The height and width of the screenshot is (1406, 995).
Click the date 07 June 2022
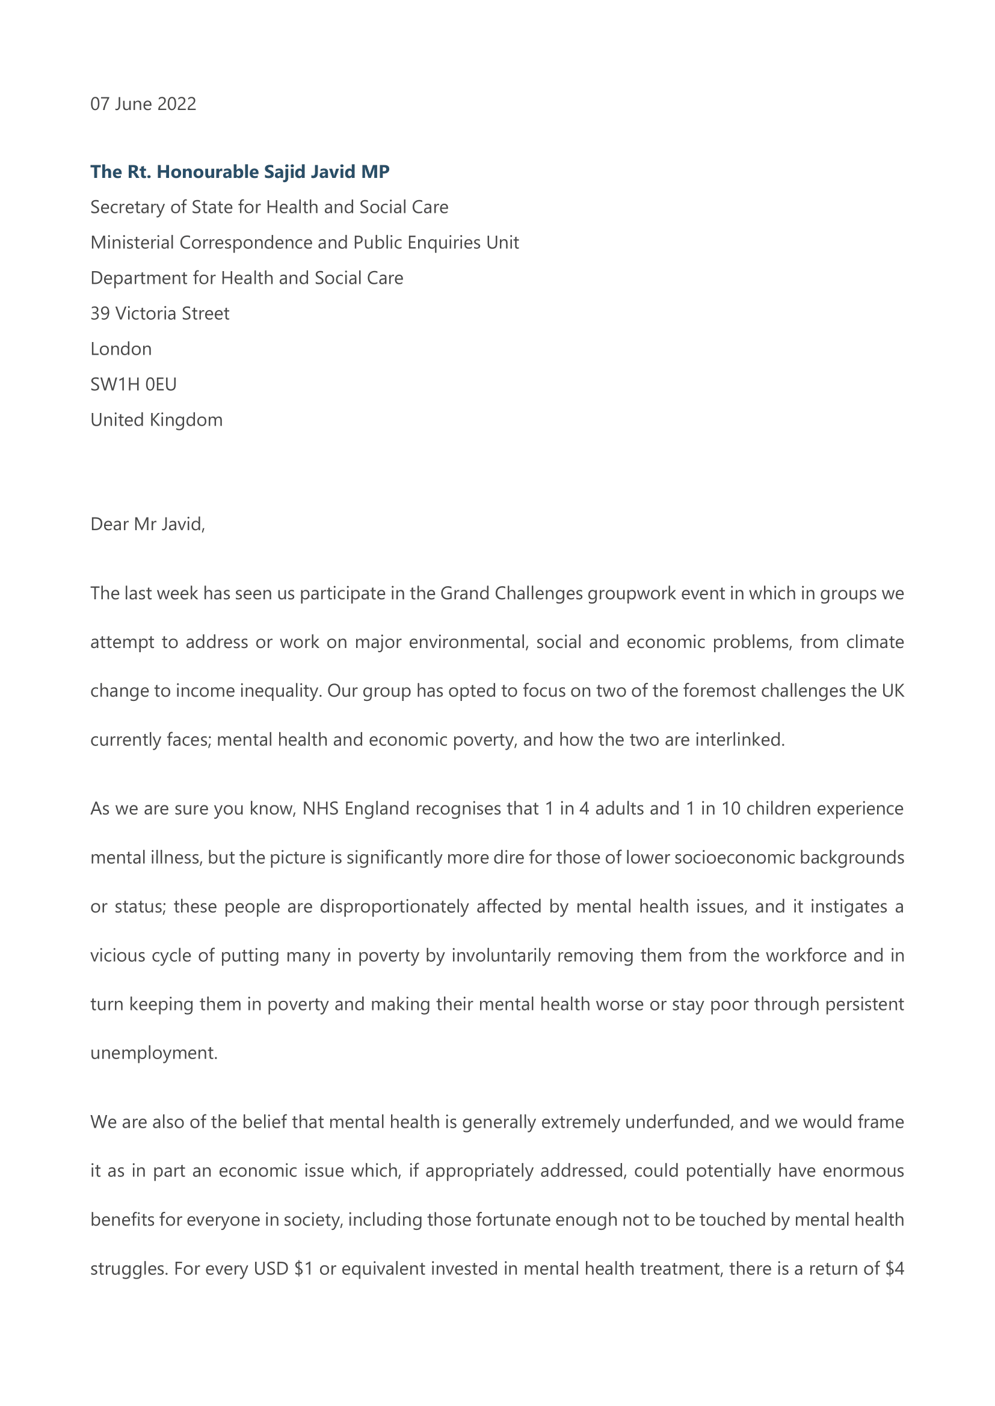[x=143, y=104]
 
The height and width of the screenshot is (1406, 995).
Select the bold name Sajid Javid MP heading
[x=239, y=172]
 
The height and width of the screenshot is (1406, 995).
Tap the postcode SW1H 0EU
[x=134, y=385]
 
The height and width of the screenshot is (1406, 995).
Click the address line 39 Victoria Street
[x=160, y=314]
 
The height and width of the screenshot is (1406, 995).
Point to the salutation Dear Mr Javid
[x=147, y=524]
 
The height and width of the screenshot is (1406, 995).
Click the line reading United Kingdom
[x=156, y=420]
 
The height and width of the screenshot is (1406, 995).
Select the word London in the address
[x=121, y=349]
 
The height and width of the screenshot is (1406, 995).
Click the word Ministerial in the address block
[x=132, y=243]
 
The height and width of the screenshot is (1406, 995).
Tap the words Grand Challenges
[x=511, y=594]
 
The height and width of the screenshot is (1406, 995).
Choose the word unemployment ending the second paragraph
[x=153, y=1053]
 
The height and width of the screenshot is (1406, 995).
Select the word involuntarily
[x=501, y=956]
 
